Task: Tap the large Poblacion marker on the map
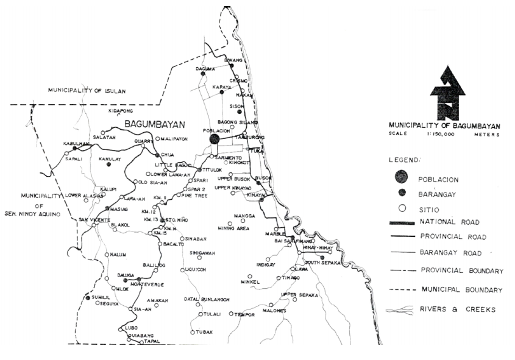(x=214, y=139)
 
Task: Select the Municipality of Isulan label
(x=86, y=91)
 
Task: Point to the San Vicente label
(x=94, y=219)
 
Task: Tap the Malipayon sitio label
(x=176, y=139)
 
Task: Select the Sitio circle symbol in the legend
(x=401, y=208)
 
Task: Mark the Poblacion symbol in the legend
(x=401, y=177)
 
